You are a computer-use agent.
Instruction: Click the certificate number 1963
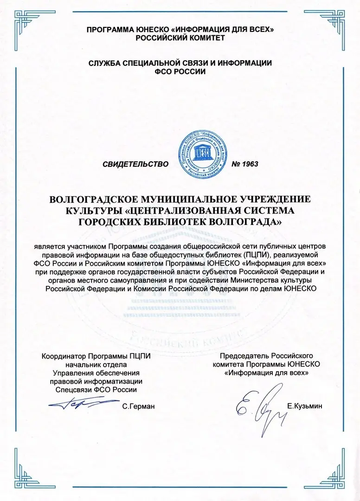[x=244, y=164]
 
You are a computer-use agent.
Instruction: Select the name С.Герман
[x=138, y=406]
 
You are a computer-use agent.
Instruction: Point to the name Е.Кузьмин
[x=304, y=406]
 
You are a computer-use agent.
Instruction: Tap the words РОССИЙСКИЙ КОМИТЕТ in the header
[x=180, y=38]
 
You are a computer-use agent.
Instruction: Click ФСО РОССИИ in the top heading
[x=180, y=72]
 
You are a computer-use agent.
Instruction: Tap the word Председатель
[x=245, y=356]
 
